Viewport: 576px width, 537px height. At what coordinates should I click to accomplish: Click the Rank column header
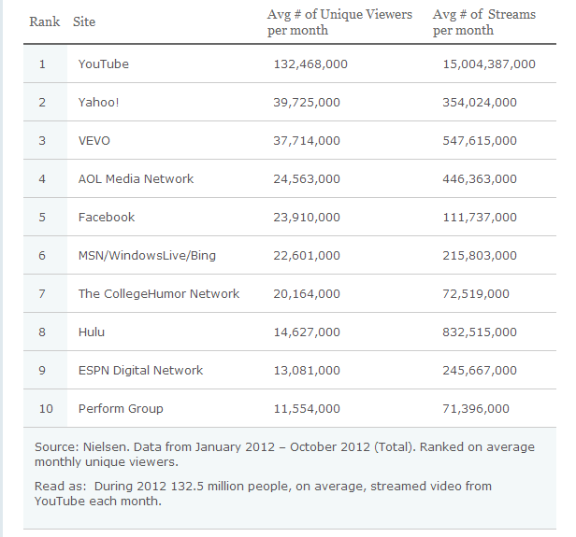point(44,21)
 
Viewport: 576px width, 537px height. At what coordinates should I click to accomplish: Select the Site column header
point(84,21)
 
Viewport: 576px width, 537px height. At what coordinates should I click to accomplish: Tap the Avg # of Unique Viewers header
point(339,22)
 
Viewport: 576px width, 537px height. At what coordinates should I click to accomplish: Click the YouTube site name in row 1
point(104,64)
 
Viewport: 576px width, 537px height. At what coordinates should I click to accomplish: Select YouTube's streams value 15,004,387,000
point(488,64)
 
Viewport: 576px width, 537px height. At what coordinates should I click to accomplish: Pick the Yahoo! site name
point(98,103)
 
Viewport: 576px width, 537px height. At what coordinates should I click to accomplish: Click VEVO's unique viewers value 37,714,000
point(306,141)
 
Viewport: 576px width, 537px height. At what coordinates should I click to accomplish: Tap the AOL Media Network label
point(136,179)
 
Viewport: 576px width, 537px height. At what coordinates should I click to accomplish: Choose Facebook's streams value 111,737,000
point(479,218)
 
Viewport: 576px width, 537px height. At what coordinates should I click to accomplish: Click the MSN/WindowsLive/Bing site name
point(147,256)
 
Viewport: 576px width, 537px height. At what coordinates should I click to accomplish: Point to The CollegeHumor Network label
point(159,294)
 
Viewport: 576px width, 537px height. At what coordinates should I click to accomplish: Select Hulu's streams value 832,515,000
point(479,332)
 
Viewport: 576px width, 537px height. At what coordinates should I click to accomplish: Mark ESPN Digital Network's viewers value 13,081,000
point(306,371)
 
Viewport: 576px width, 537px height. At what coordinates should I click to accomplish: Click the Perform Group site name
point(121,409)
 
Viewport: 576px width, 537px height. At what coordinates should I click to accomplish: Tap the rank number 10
point(46,409)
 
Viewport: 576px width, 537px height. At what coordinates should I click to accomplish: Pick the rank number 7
point(42,294)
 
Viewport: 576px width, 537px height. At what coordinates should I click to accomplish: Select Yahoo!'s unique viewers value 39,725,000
point(306,103)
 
